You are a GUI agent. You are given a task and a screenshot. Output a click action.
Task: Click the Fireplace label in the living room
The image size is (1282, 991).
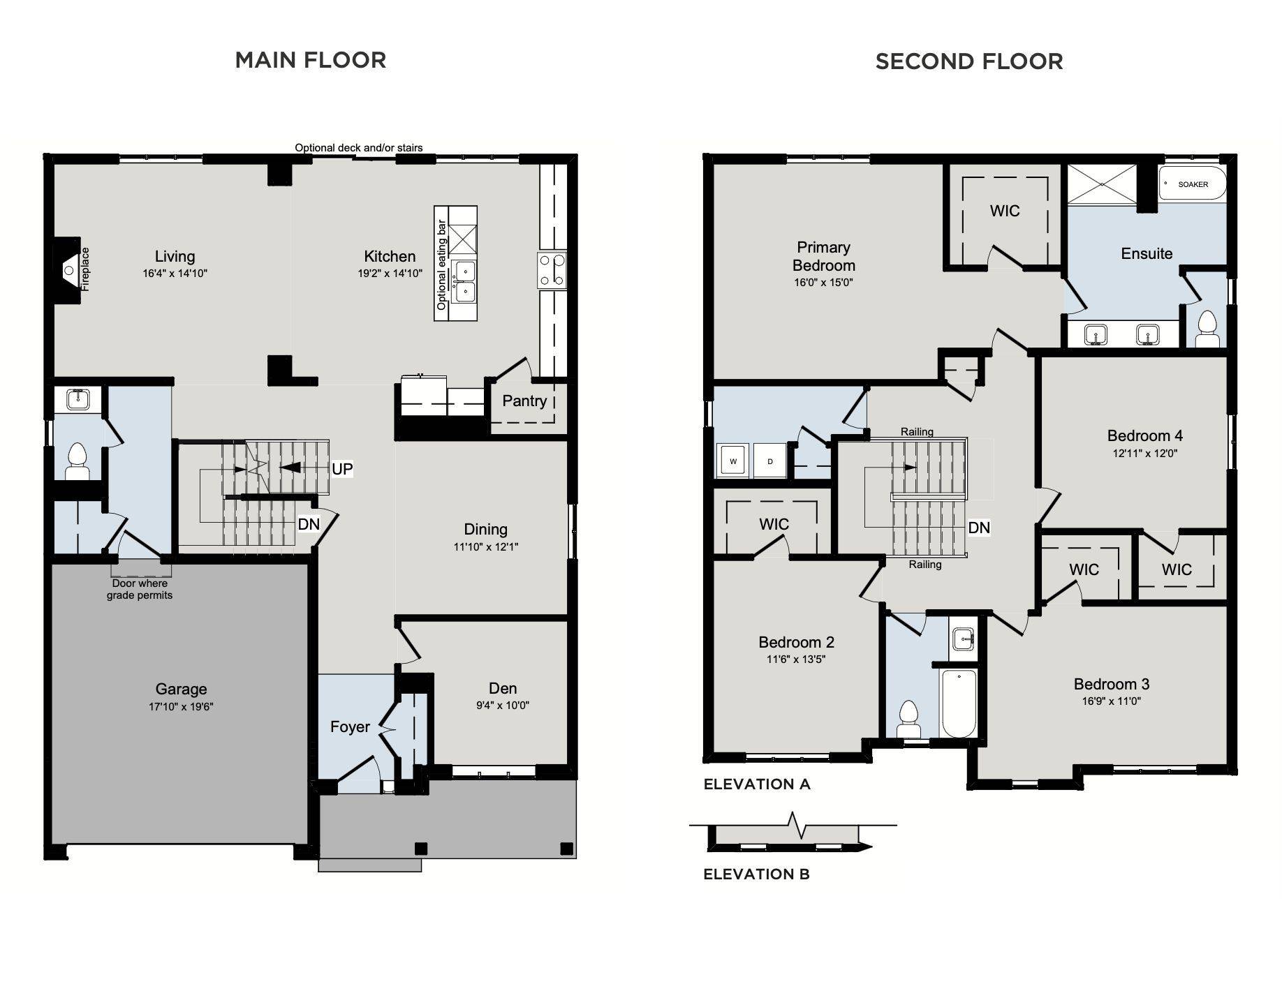point(85,269)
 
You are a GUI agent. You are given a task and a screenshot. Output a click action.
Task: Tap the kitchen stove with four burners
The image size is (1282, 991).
point(552,271)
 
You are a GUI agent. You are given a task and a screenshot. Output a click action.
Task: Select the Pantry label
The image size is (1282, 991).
point(524,401)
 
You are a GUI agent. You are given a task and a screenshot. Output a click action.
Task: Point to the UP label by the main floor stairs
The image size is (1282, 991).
point(342,468)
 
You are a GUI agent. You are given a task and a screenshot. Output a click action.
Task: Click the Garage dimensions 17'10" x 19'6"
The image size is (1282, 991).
point(181,706)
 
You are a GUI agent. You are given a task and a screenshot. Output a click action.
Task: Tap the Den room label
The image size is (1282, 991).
point(503,688)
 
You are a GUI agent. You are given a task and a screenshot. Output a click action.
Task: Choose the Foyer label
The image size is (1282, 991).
point(350,727)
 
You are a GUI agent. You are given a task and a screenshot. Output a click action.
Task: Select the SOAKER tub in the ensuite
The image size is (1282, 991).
point(1192,184)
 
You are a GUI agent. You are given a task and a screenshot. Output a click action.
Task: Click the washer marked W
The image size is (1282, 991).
point(732,461)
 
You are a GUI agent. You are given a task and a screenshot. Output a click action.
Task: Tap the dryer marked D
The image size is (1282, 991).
point(770,461)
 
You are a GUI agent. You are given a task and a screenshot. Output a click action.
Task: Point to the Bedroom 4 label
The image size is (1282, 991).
point(1145,435)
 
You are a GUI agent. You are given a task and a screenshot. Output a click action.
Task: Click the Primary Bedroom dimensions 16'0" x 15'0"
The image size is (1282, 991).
point(824,283)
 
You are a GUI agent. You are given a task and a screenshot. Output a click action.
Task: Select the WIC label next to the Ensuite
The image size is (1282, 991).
point(1005,211)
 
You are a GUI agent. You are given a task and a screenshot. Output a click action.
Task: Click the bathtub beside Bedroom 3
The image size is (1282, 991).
point(959,702)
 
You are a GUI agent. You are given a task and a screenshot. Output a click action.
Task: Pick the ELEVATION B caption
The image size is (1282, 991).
point(756,874)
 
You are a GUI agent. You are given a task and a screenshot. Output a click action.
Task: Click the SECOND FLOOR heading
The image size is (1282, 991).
point(969,61)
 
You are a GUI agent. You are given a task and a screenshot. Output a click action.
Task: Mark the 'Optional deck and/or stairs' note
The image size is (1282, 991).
point(358,148)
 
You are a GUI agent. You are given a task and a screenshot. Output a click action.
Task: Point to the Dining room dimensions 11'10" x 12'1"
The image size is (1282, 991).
point(485,547)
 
